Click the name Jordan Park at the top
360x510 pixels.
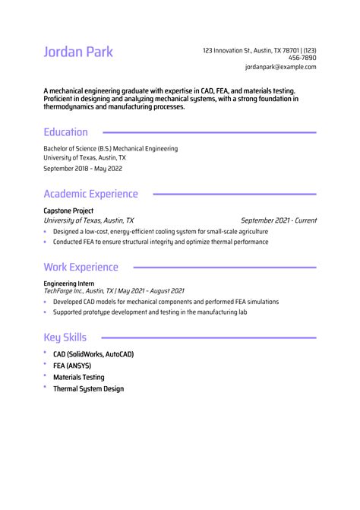[78, 52]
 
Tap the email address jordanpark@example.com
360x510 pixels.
[280, 67]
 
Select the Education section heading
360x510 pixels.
[65, 131]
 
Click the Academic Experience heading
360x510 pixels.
[90, 194]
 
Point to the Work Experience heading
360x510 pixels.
[81, 267]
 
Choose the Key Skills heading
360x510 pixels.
[65, 337]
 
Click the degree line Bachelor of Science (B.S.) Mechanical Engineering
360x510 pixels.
[110, 149]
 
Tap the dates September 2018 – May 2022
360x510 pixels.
[82, 169]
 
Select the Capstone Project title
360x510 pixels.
[68, 211]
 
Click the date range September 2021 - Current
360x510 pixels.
[278, 220]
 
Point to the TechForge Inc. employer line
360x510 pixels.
[114, 291]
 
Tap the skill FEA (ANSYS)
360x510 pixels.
[72, 366]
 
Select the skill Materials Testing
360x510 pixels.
[79, 377]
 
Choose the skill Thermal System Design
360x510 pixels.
[88, 388]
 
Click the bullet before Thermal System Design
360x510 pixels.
[46, 388]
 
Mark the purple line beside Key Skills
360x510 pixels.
[209, 337]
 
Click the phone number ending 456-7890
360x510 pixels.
[302, 58]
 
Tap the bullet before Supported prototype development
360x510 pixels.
[46, 312]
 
